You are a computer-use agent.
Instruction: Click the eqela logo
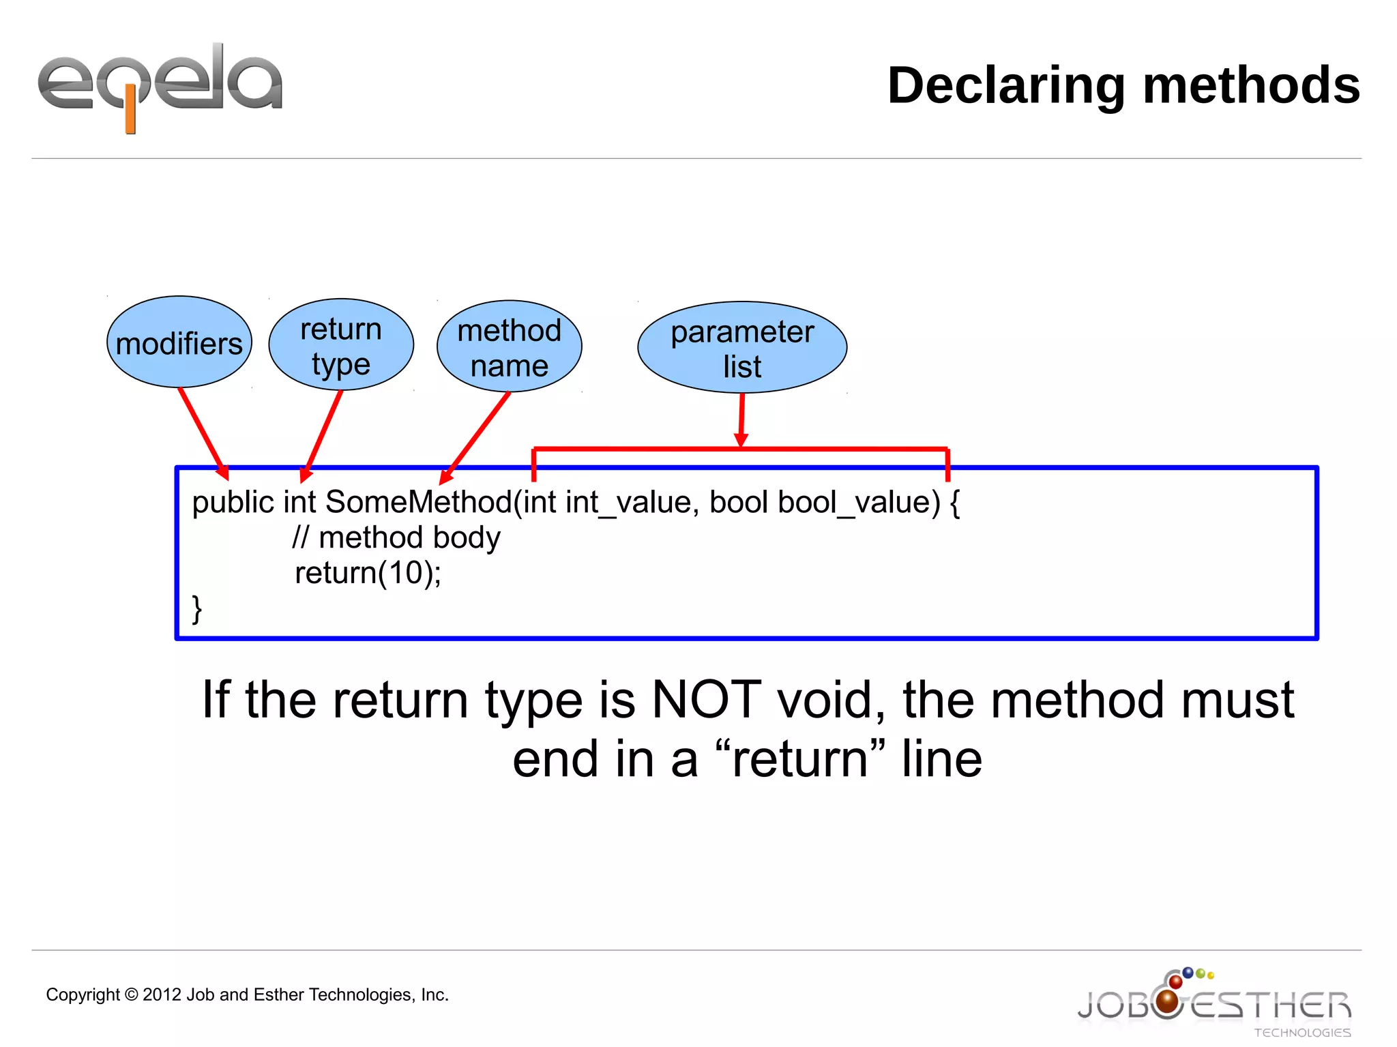click(x=160, y=85)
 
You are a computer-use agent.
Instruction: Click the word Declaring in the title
click(x=1005, y=86)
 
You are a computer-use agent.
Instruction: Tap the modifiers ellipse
click(x=179, y=342)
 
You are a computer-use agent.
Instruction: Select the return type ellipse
click(x=341, y=345)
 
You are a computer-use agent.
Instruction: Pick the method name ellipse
click(x=510, y=347)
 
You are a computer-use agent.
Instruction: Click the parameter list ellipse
click(x=742, y=348)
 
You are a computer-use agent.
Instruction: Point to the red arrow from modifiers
click(x=203, y=434)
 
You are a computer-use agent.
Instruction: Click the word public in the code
click(x=233, y=503)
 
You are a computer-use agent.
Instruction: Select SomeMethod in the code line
click(x=418, y=503)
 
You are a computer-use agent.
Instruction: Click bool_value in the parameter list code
click(x=859, y=503)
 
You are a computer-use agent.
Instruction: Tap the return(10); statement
click(x=368, y=573)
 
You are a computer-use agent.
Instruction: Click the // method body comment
click(x=396, y=537)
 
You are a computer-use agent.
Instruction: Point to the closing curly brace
click(x=197, y=608)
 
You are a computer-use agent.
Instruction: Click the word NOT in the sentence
click(x=706, y=700)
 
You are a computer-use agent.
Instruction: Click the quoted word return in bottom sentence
click(x=799, y=758)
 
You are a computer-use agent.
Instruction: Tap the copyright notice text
click(x=247, y=994)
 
